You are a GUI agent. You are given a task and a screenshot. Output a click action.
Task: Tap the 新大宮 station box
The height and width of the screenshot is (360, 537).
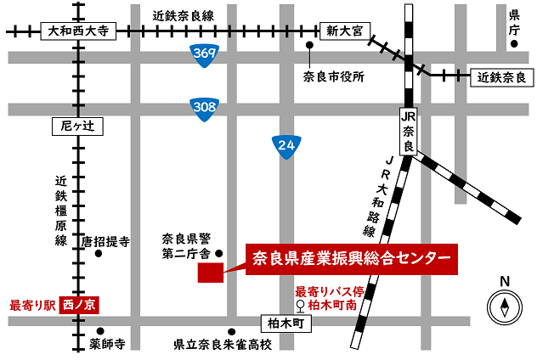343,31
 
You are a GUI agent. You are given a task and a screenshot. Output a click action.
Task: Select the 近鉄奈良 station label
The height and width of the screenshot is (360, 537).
502,77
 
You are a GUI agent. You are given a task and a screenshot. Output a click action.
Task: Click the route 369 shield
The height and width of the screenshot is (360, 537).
203,53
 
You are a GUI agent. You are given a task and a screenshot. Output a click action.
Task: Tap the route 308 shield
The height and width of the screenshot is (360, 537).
203,107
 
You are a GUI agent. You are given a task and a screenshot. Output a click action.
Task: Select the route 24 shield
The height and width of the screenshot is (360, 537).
285,147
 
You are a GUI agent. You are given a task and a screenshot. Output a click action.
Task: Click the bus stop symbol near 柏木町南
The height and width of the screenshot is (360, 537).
299,306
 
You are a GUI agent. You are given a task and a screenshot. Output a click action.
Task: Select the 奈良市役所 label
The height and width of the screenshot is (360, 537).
333,77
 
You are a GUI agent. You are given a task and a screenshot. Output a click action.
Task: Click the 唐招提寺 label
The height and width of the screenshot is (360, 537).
105,241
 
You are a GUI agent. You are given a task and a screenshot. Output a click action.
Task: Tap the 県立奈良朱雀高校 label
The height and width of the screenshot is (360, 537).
223,345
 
